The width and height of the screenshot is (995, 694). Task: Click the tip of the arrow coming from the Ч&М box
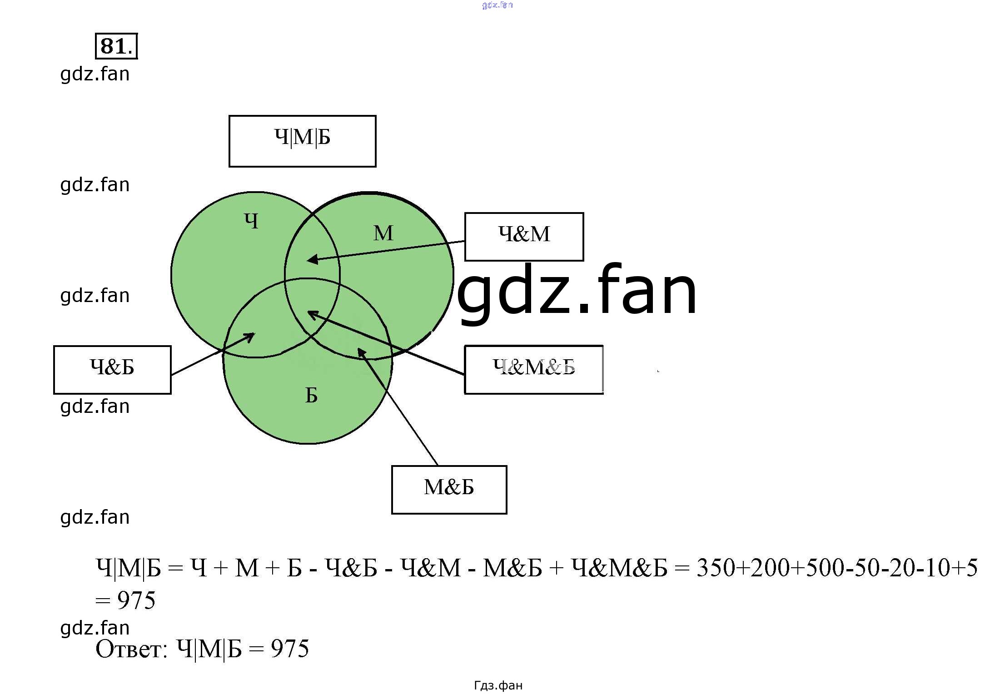point(307,260)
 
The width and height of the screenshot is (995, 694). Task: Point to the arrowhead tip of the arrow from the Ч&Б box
point(255,333)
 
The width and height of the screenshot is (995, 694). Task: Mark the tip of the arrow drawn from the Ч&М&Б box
point(308,312)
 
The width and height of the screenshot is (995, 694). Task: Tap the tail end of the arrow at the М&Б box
point(438,466)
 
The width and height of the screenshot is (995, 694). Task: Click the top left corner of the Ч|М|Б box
point(229,116)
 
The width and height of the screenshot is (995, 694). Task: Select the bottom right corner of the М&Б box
point(507,514)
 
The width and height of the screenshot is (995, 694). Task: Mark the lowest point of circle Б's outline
point(308,443)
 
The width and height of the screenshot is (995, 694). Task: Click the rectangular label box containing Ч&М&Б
point(534,370)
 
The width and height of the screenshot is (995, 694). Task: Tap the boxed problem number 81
point(116,46)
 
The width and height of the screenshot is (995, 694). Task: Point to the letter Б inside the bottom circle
point(311,395)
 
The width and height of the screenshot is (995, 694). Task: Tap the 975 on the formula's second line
point(136,600)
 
